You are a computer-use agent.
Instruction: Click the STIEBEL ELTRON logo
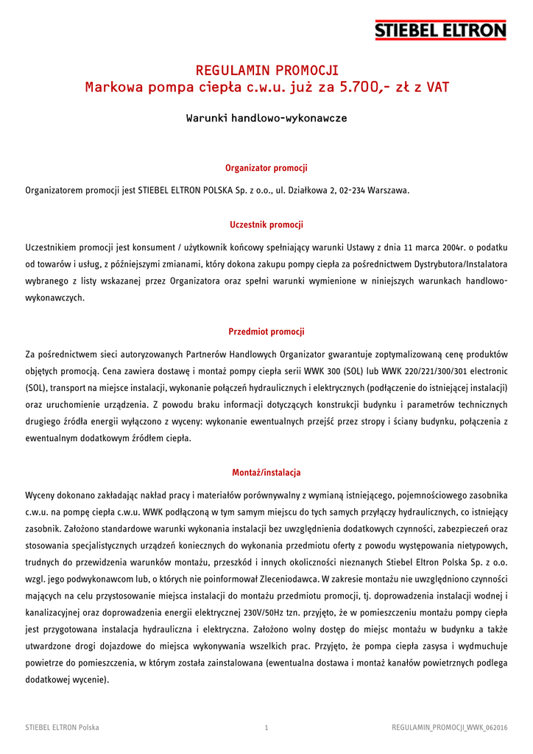click(x=440, y=30)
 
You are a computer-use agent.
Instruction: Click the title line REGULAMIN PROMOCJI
click(x=266, y=71)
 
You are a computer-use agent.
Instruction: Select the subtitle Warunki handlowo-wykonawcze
click(x=266, y=118)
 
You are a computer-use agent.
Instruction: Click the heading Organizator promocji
click(x=266, y=168)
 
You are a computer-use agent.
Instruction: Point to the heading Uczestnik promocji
click(x=266, y=225)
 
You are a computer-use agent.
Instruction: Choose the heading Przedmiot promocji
click(x=266, y=331)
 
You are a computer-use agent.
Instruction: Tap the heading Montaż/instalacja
click(x=266, y=472)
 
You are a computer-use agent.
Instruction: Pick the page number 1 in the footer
click(x=266, y=727)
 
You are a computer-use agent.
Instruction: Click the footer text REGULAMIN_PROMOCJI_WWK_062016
click(x=450, y=727)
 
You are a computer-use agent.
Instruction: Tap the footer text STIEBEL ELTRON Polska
click(x=63, y=727)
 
